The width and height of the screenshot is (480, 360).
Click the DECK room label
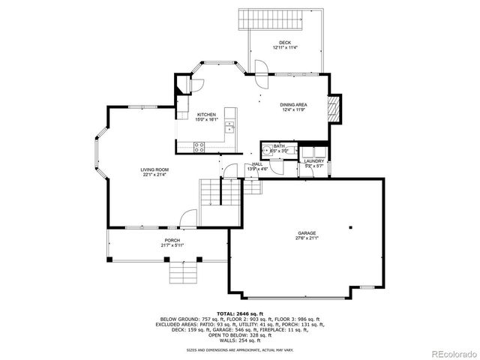tap(284, 42)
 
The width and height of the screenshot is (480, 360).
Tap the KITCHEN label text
tap(206, 115)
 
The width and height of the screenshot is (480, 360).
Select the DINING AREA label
tap(293, 105)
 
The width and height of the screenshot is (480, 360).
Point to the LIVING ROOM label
tap(154, 170)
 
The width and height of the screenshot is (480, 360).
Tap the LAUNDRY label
tap(313, 160)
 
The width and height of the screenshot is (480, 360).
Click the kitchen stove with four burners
tap(200, 146)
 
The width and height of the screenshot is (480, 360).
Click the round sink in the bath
tap(266, 150)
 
